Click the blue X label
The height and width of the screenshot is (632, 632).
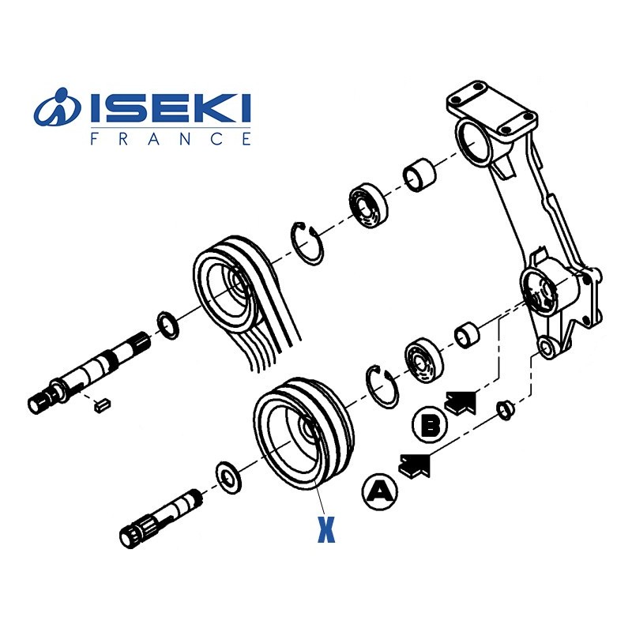pos(326,529)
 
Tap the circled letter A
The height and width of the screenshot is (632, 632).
pos(380,491)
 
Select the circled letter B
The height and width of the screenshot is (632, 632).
pos(430,424)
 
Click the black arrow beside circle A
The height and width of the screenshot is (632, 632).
pos(416,465)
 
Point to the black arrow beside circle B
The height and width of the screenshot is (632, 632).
pos(461,402)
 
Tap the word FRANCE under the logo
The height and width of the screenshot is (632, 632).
pos(171,139)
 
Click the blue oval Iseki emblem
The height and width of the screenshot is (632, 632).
pos(57,107)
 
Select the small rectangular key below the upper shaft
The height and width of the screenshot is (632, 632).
pos(103,404)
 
